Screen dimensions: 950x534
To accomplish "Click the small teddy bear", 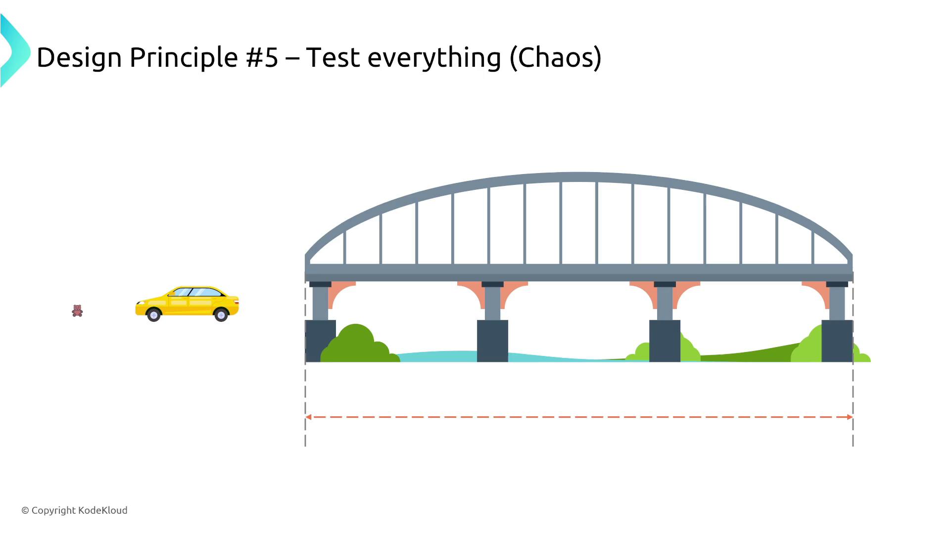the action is click(77, 311).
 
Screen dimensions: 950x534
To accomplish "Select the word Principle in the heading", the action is click(184, 58).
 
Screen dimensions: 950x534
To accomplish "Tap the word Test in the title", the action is click(333, 57).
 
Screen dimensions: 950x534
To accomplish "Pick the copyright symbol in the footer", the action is click(25, 511).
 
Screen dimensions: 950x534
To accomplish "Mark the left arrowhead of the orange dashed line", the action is click(308, 417).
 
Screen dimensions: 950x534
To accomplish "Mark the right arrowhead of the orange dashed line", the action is click(850, 417).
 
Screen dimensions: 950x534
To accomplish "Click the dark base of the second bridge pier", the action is click(492, 341).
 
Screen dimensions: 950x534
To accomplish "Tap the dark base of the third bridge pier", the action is click(665, 341).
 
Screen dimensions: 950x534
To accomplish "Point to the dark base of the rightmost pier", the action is click(837, 341).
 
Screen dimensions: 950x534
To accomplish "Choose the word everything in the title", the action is click(434, 58).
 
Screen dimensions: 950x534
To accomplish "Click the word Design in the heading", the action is click(79, 58).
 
